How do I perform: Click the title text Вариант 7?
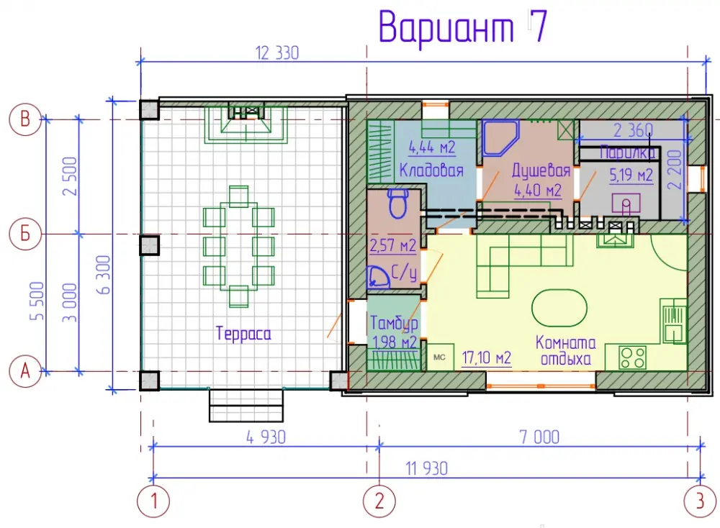[x=463, y=27]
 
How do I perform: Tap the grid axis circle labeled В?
[x=25, y=119]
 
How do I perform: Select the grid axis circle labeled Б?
[x=25, y=234]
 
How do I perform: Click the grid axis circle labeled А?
[x=25, y=371]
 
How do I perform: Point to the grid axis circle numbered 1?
[x=153, y=501]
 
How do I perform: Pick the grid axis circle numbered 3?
[x=700, y=501]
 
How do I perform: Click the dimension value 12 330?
[x=277, y=53]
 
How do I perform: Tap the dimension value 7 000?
[x=539, y=437]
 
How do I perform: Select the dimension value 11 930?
[x=426, y=469]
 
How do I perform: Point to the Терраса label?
[x=243, y=334]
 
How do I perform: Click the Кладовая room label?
[x=431, y=170]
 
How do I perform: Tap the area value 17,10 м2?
[x=486, y=358]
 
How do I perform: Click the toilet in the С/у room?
[x=397, y=204]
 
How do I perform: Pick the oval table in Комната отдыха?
[x=559, y=308]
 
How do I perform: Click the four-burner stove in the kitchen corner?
[x=633, y=358]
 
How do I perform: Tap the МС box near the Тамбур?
[x=439, y=358]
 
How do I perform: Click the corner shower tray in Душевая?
[x=500, y=137]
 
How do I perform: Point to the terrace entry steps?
[x=246, y=406]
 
